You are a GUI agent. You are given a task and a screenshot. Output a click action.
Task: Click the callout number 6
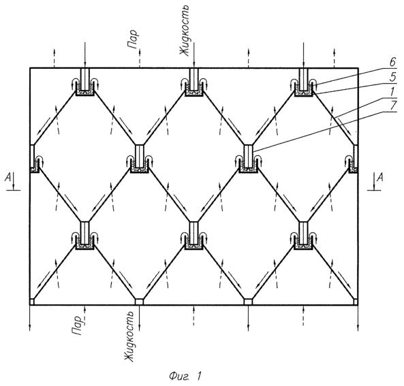(x=392, y=63)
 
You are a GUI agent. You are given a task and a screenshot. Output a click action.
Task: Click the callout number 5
(x=392, y=77)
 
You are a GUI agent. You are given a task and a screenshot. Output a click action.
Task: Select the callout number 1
(x=392, y=91)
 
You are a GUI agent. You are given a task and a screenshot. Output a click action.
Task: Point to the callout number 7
(x=392, y=106)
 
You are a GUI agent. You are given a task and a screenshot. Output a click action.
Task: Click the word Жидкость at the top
(x=185, y=30)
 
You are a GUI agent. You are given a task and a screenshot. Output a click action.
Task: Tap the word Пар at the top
(x=134, y=39)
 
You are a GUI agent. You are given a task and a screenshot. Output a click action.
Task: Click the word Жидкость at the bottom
(x=129, y=336)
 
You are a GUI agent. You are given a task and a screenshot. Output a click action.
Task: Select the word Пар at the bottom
(x=77, y=325)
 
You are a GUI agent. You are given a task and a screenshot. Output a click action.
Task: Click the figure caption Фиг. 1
(x=185, y=376)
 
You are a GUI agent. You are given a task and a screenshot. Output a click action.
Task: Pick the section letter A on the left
(x=8, y=177)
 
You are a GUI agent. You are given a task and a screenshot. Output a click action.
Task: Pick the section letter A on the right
(x=379, y=177)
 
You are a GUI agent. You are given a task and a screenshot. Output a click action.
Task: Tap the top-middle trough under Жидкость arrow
(x=194, y=91)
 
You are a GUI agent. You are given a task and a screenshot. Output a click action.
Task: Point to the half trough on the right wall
(x=354, y=167)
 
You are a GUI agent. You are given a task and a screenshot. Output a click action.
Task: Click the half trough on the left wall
(x=35, y=167)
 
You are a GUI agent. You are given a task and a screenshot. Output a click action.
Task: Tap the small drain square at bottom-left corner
(x=32, y=302)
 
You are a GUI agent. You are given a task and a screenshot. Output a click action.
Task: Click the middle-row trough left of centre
(x=140, y=167)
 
